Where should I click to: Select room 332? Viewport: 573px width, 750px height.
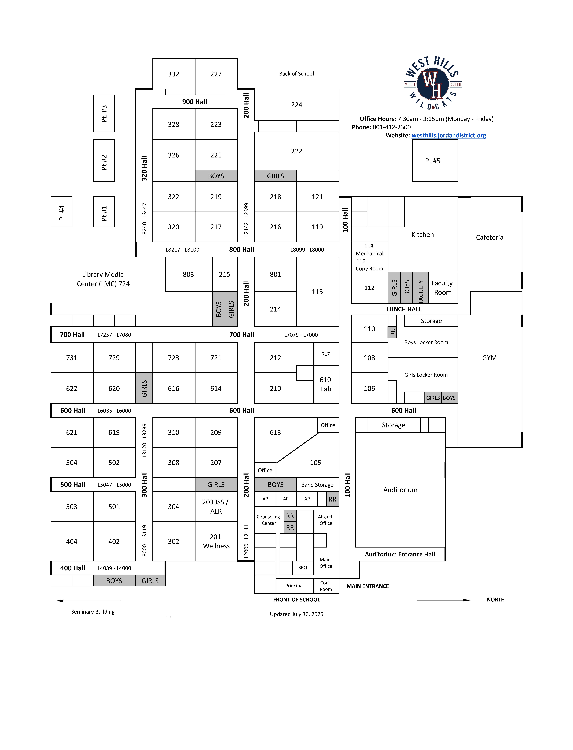[174, 74]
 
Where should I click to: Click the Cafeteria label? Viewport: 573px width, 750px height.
[489, 237]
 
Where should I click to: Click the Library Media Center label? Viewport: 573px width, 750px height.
[103, 279]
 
